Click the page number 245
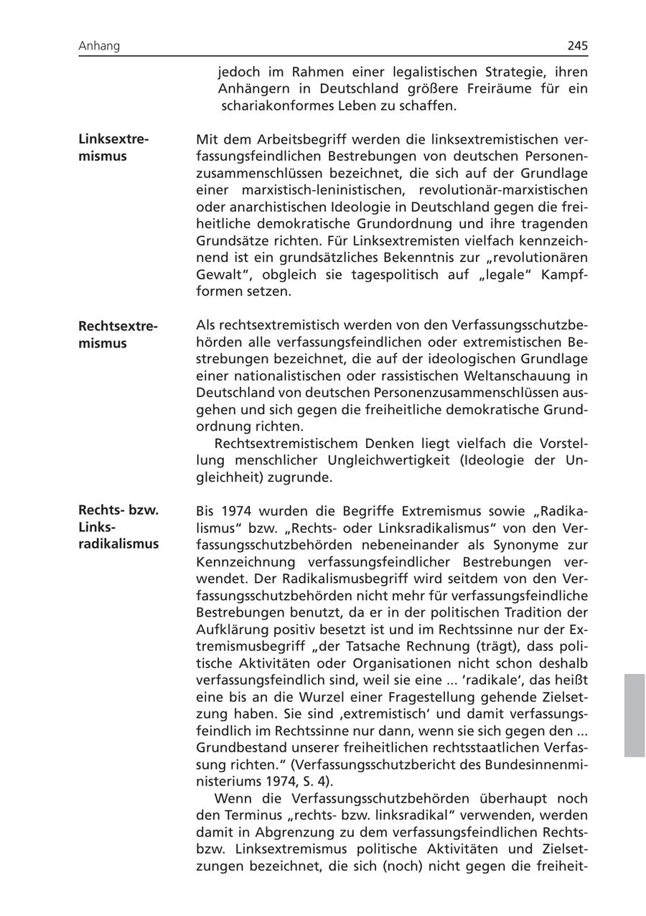(x=577, y=46)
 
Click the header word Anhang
(x=99, y=46)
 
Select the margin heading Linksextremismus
(x=113, y=147)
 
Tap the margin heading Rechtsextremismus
(x=117, y=335)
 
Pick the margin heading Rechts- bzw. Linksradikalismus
(x=118, y=527)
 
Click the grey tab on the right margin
(x=635, y=715)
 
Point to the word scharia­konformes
(x=274, y=106)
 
